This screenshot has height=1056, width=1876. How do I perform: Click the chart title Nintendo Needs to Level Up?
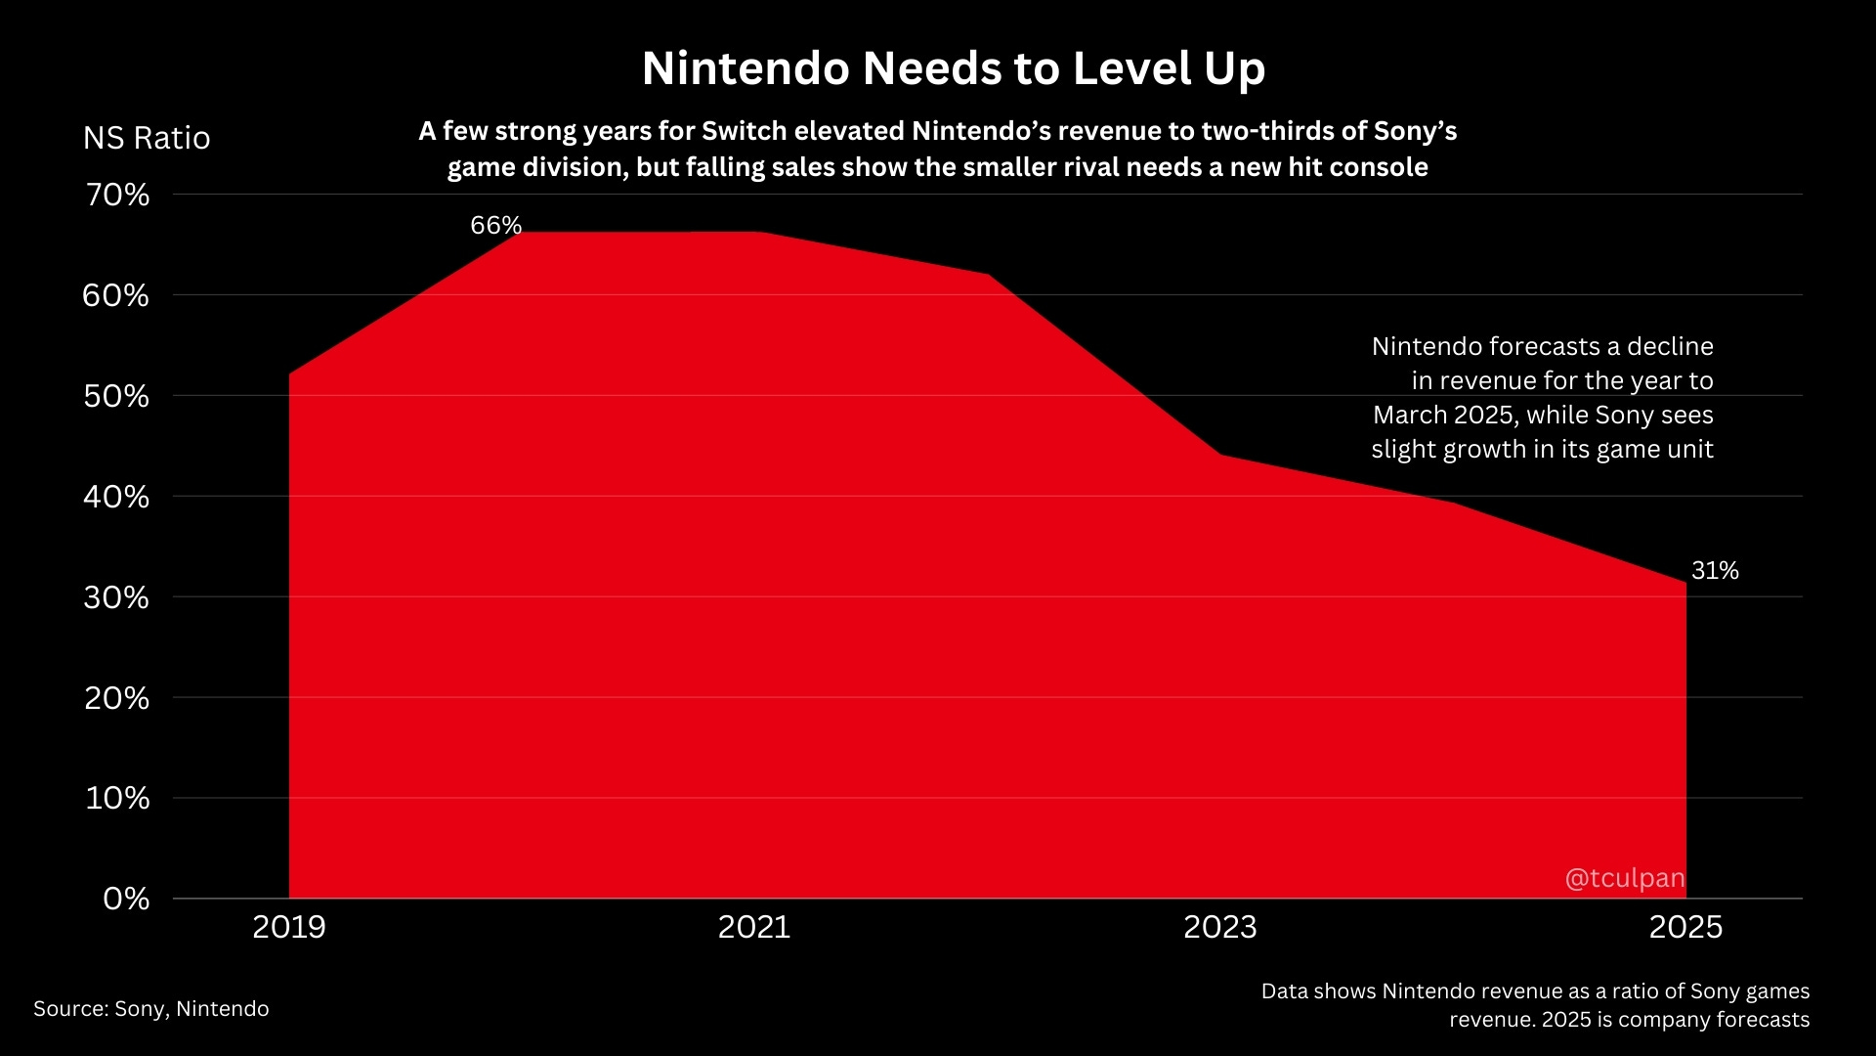pyautogui.click(x=954, y=68)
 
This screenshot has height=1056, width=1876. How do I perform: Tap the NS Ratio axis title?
pyautogui.click(x=147, y=138)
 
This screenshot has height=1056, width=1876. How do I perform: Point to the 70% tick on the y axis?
pyautogui.click(x=117, y=195)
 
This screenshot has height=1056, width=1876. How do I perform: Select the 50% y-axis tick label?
pyautogui.click(x=116, y=396)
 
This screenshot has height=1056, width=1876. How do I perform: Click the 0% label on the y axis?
pyautogui.click(x=126, y=899)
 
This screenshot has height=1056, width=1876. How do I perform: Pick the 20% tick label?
pyautogui.click(x=116, y=698)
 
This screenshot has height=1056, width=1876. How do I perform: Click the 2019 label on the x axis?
pyautogui.click(x=289, y=927)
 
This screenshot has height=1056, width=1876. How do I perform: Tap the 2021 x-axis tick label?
pyautogui.click(x=754, y=927)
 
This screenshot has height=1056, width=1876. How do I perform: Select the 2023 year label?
pyautogui.click(x=1220, y=927)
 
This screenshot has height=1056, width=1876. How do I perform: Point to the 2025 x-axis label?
pyautogui.click(x=1685, y=927)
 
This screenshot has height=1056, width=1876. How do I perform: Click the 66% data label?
pyautogui.click(x=496, y=226)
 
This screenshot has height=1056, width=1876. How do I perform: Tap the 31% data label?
pyautogui.click(x=1715, y=571)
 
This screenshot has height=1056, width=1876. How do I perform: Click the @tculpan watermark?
pyautogui.click(x=1625, y=878)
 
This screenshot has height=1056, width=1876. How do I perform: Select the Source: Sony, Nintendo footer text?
pyautogui.click(x=151, y=1009)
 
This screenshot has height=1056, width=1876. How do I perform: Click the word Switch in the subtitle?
pyautogui.click(x=744, y=131)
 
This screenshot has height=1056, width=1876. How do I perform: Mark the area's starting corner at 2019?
pyautogui.click(x=290, y=374)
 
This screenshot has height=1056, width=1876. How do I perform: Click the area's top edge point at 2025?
pyautogui.click(x=1685, y=584)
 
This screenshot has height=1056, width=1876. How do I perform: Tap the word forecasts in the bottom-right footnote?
pyautogui.click(x=1762, y=1020)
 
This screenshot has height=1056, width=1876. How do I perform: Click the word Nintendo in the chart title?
pyautogui.click(x=746, y=68)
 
